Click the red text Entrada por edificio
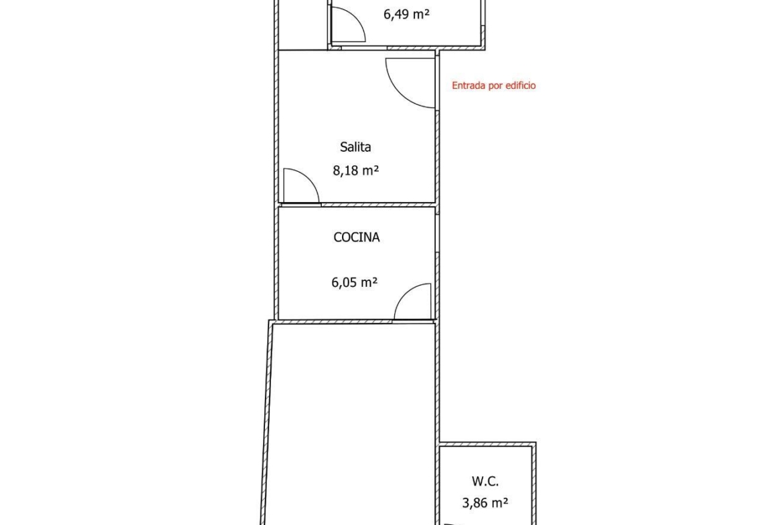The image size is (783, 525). pos(493,86)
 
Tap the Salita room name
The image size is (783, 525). pos(355,147)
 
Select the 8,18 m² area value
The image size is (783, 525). pos(355,171)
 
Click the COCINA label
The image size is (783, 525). pos(357,237)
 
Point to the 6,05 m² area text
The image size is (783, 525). pos(355,282)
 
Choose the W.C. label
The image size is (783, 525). pos(485,482)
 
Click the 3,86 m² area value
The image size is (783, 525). pos(485,503)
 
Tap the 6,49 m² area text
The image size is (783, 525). pos(406,14)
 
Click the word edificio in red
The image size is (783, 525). pos(521,86)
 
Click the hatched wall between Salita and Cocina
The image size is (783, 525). pos(378,205)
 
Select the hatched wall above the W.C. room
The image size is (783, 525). pos(487,443)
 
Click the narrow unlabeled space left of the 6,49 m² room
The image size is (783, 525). pos(302,25)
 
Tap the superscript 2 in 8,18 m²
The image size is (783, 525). pos(376,167)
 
